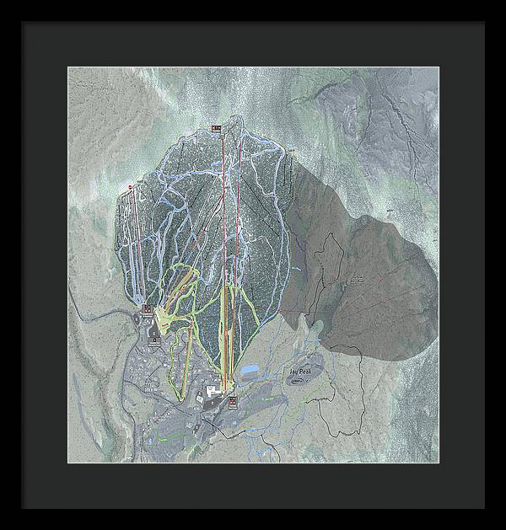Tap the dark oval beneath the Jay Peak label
tap(299, 380)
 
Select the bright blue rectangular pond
tap(251, 371)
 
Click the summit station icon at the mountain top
tap(216, 129)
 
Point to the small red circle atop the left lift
tap(130, 186)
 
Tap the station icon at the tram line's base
tap(231, 402)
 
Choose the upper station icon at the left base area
tap(147, 309)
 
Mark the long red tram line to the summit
tap(223, 253)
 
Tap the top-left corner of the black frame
tap(24, 24)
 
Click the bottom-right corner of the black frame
tap(483, 506)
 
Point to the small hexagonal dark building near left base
tap(154, 341)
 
